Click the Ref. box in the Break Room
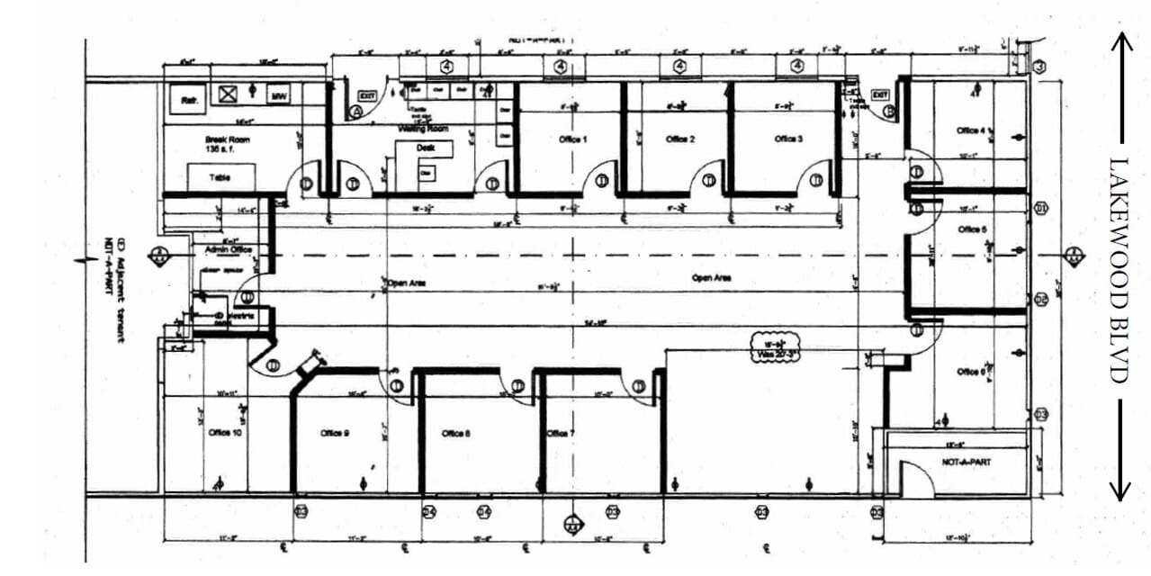point(190,101)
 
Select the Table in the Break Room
point(220,178)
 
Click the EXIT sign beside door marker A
point(366,94)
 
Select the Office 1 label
point(572,139)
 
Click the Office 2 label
point(679,139)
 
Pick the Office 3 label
point(788,139)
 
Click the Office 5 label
point(971,229)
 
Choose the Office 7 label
point(561,433)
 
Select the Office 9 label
point(334,433)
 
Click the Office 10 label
point(225,433)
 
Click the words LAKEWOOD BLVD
point(1119,270)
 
